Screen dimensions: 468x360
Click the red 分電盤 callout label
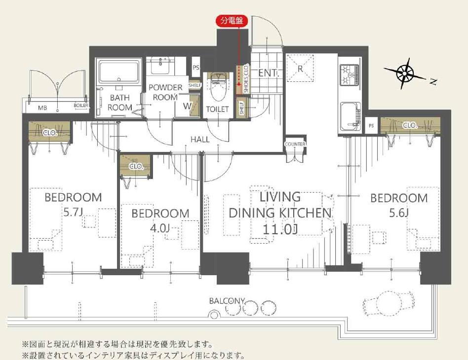pos(231,21)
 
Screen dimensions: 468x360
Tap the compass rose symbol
pos(405,73)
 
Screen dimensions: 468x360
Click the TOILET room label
pos(218,109)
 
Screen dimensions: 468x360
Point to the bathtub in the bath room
pos(119,72)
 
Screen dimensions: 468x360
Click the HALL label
pos(200,139)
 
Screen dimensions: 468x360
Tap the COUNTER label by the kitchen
pos(295,144)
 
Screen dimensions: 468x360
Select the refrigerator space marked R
pos(300,69)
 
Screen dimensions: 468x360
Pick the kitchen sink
pos(351,116)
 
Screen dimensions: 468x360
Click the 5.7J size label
pos(73,212)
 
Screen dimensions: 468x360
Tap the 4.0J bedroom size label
pos(160,228)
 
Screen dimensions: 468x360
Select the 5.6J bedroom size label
pos(399,213)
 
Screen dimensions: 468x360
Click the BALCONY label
pos(227,301)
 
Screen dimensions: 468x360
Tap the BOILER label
pos(81,105)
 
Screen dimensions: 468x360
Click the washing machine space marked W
pos(188,106)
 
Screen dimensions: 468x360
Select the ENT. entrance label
pos(269,73)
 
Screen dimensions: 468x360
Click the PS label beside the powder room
pos(196,68)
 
